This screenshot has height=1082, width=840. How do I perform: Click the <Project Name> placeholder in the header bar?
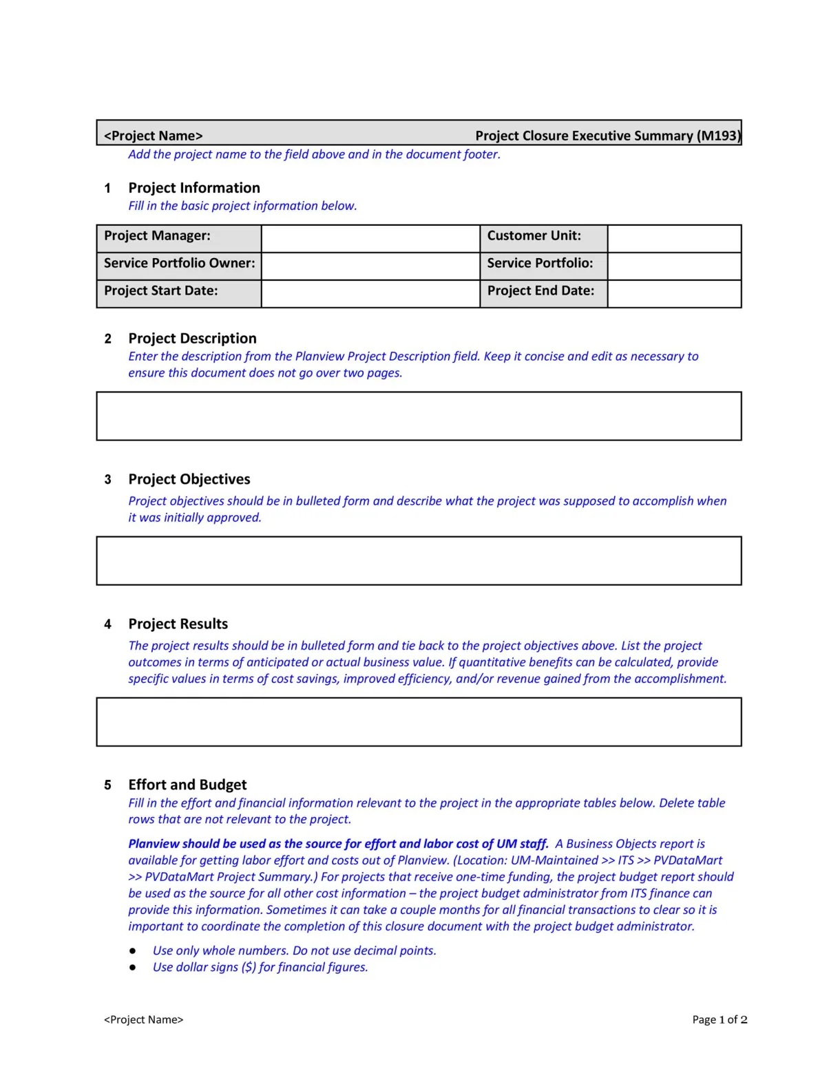coord(153,136)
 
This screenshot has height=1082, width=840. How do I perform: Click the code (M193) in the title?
coord(719,136)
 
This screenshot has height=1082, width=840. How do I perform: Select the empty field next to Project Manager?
coord(370,238)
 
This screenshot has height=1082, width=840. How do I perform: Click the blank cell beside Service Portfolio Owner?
coord(370,266)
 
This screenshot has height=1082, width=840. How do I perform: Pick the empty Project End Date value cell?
coord(673,293)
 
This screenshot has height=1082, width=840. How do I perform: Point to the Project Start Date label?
coord(160,291)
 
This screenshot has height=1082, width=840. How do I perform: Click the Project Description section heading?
coord(192,339)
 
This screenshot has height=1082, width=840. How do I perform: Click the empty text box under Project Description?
coord(419,416)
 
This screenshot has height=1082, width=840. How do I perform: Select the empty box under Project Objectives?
coord(419,560)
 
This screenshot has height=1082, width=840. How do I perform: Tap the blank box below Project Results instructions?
coord(419,721)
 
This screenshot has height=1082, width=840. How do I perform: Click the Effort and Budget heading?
coord(187,785)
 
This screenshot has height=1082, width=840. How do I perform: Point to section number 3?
coord(107,480)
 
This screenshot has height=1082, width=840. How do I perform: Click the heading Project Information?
coord(194,188)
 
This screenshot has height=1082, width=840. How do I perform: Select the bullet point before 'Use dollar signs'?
coord(132,967)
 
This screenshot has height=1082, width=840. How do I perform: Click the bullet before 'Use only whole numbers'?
coord(132,951)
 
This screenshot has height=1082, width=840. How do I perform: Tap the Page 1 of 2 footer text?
coord(720,1019)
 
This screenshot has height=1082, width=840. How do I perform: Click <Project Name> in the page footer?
coord(143,1019)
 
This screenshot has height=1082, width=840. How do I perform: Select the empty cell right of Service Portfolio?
coord(673,266)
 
